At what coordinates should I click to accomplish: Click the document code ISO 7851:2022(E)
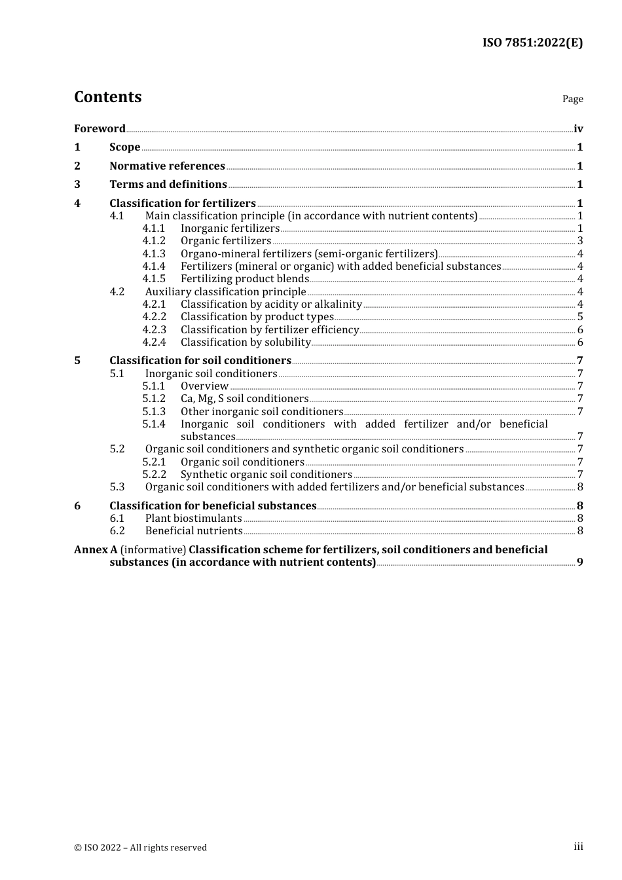[x=532, y=43]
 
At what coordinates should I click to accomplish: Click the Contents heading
[x=107, y=97]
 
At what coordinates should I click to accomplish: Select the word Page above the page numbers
[x=572, y=99]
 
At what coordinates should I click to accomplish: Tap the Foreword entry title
[x=100, y=128]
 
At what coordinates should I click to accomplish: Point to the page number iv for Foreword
[x=578, y=129]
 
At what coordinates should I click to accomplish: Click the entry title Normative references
[x=167, y=166]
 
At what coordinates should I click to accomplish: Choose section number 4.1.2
[x=154, y=241]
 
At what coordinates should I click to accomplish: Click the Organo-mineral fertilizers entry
[x=309, y=254]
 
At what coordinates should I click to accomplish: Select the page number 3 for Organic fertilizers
[x=580, y=241]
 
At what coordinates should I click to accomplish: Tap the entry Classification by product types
[x=257, y=317]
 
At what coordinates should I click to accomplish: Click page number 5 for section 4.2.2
[x=580, y=317]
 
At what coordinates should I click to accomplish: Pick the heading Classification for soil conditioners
[x=200, y=361]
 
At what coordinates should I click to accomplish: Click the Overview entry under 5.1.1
[x=204, y=386]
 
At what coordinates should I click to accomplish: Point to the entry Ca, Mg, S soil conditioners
[x=244, y=399]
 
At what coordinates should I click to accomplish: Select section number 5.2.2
[x=154, y=475]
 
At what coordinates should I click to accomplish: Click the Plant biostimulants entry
[x=194, y=519]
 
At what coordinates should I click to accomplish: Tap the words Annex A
[x=96, y=550]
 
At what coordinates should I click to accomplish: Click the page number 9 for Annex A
[x=580, y=562]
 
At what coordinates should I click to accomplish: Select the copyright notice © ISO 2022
[x=140, y=847]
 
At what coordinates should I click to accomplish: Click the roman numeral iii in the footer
[x=578, y=847]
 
